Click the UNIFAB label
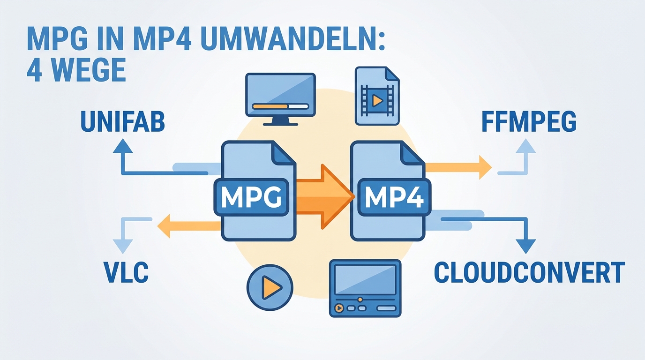pos(123,122)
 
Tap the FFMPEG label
pos(529,121)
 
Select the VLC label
pos(127,272)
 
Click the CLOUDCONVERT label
pos(529,272)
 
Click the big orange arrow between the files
pos(325,197)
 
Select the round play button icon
pos(270,287)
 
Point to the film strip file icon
pos(377,96)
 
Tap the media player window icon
pos(365,288)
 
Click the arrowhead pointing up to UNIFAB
pos(123,146)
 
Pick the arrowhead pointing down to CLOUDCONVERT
pos(526,247)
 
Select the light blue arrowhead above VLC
pos(123,247)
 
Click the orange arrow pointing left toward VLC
pos(189,226)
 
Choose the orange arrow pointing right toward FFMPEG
pos(458,167)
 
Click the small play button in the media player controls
pos(339,308)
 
